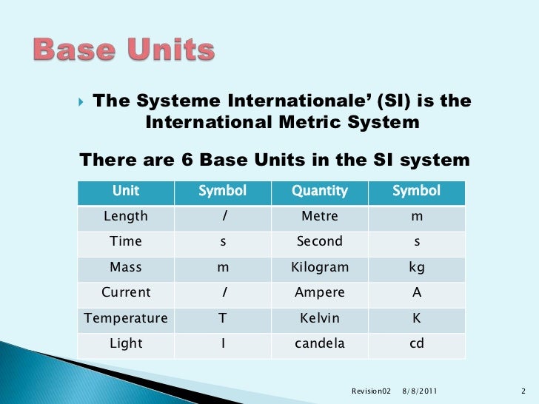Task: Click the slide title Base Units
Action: click(124, 50)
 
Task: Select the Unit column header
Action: click(125, 192)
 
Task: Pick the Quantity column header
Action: click(319, 192)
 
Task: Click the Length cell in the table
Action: click(125, 217)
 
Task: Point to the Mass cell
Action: click(125, 267)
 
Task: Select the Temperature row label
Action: click(125, 318)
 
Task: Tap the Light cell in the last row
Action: click(125, 344)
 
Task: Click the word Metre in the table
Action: click(319, 217)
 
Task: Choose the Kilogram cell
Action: click(319, 267)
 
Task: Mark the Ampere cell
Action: click(319, 292)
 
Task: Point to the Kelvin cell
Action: click(319, 318)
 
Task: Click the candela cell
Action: click(319, 344)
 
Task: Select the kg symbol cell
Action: click(416, 267)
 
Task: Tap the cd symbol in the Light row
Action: click(416, 344)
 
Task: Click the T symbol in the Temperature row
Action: click(222, 318)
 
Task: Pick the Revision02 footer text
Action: click(369, 389)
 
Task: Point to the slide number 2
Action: click(523, 389)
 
